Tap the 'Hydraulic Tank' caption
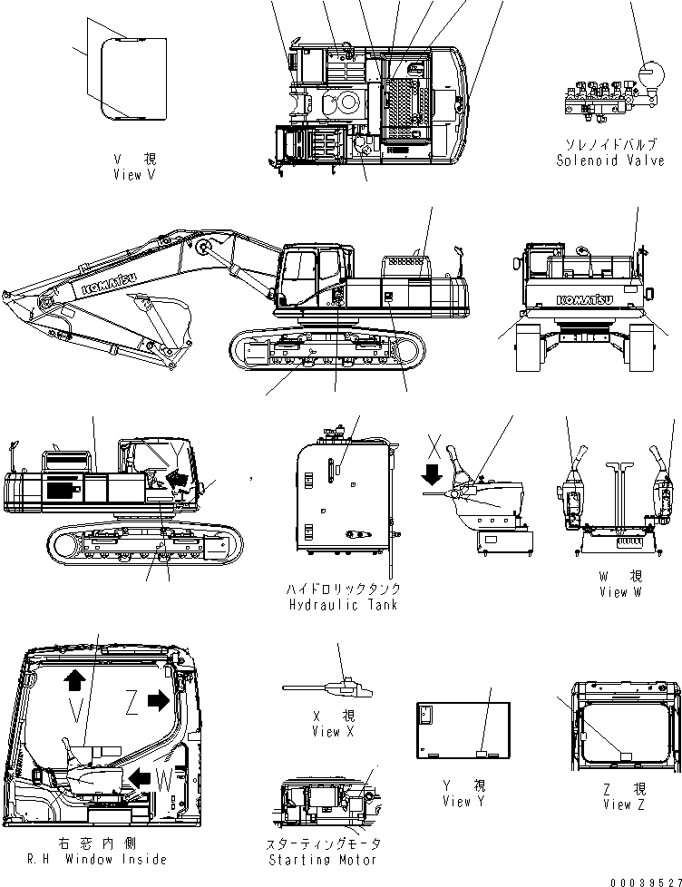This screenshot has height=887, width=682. coord(340,605)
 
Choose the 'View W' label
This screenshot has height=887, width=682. coord(620,591)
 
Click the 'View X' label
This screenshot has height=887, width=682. coord(325,731)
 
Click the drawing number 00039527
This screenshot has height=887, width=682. coord(647,880)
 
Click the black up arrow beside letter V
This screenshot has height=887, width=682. coord(74,680)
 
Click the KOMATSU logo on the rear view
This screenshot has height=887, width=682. coord(584,298)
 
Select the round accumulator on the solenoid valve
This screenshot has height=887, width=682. coord(650,74)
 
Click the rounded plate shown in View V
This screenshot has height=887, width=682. coord(133,78)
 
